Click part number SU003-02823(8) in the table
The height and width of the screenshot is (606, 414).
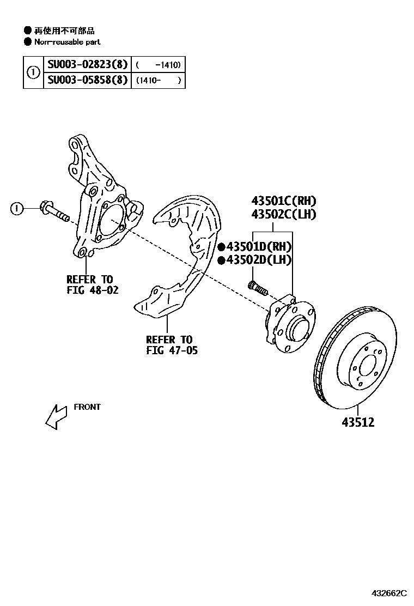point(87,65)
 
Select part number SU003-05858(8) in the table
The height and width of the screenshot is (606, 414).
point(87,81)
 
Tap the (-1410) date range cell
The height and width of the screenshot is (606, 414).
point(158,65)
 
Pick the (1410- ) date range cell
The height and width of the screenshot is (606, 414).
point(158,81)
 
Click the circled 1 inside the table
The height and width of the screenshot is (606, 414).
point(33,72)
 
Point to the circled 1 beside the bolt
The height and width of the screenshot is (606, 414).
point(18,208)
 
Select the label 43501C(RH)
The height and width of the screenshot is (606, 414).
point(283,201)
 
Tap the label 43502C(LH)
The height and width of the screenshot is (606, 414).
point(283,214)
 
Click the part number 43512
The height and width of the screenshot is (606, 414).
point(358,422)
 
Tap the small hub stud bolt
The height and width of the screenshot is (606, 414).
point(257,287)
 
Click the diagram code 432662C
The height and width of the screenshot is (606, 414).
point(389,592)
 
